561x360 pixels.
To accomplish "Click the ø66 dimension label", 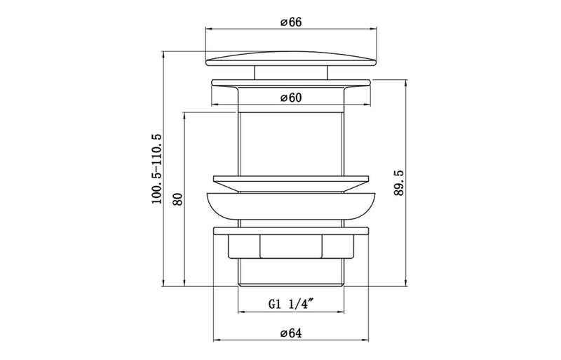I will pos(290,22).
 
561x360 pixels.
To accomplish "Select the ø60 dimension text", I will pos(290,98).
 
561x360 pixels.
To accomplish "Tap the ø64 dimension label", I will pos(290,333).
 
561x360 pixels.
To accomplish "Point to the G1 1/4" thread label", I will pos(290,305).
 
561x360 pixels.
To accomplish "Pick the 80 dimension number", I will pos(177,199).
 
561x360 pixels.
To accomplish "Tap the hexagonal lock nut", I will pos(290,246).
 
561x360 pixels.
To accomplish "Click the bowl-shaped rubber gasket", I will pos(290,205).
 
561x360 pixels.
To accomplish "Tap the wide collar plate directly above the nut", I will pos(290,229).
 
